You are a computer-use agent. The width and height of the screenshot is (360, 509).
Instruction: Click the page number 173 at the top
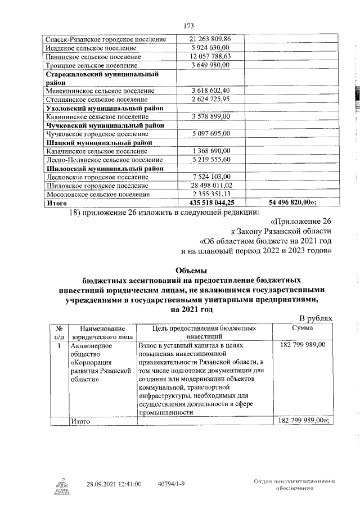[188, 25]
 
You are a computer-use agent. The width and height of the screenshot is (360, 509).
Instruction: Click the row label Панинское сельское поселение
[93, 57]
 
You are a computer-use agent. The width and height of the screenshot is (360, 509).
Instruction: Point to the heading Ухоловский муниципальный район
[105, 107]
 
